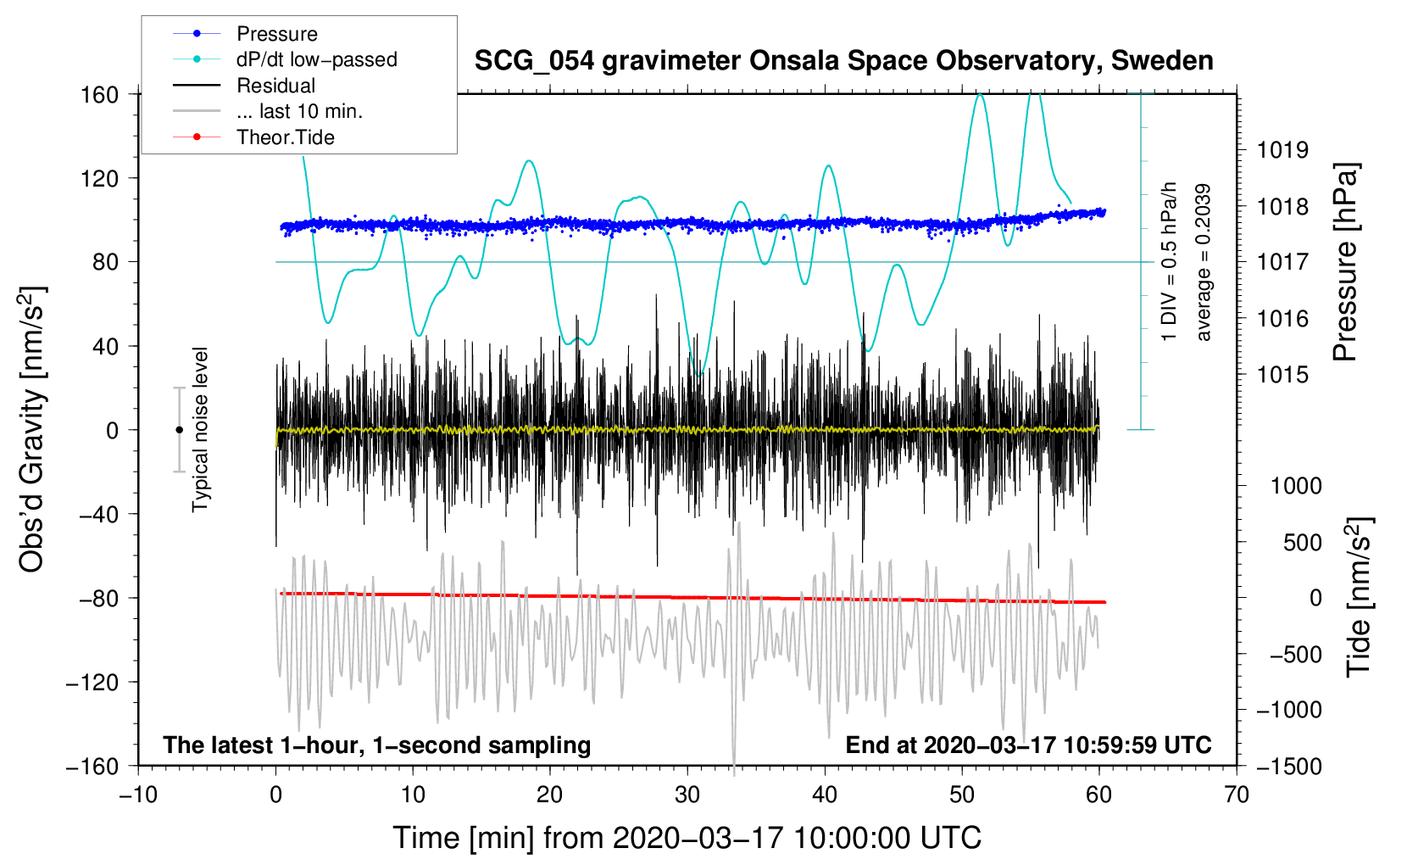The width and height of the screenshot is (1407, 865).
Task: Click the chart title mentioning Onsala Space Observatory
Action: point(843,61)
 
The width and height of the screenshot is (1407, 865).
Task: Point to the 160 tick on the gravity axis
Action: point(100,95)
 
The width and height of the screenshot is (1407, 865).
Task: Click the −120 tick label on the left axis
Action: point(92,682)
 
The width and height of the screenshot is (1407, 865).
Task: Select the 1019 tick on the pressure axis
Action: point(1282,150)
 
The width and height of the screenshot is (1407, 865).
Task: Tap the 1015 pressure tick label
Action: point(1282,375)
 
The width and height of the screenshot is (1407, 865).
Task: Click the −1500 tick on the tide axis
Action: point(1289,767)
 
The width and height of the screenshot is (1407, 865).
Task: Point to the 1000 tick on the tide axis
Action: point(1297,486)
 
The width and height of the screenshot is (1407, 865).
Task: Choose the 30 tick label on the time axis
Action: point(687,795)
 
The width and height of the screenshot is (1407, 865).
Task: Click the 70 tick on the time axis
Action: point(1237,795)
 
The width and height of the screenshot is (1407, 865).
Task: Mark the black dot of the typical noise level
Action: point(179,430)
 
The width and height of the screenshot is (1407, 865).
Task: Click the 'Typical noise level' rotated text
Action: point(200,430)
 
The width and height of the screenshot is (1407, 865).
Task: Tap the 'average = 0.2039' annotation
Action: point(1203,263)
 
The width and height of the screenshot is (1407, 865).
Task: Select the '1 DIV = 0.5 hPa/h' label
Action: point(1168,261)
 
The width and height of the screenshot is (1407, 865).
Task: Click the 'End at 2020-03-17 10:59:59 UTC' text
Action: point(1028,745)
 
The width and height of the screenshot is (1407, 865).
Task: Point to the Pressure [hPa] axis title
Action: point(1345,262)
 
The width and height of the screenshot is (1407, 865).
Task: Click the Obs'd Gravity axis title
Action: point(31,430)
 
